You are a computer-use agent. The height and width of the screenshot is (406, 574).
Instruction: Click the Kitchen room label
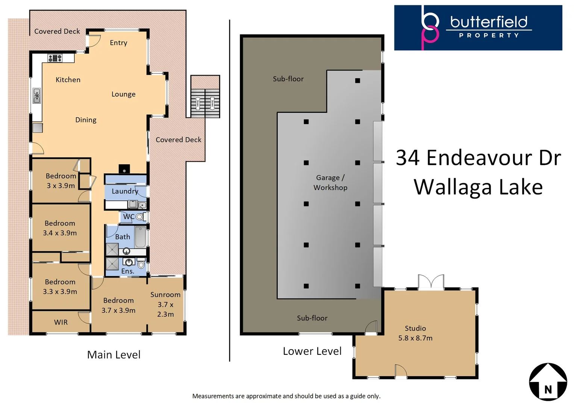point(68,80)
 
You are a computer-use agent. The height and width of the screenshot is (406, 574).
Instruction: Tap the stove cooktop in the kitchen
point(55,58)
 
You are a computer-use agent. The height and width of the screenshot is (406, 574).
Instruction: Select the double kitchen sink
point(37,96)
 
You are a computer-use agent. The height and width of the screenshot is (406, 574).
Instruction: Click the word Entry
point(118,43)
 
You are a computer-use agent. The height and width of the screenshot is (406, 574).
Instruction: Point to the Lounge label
point(123,94)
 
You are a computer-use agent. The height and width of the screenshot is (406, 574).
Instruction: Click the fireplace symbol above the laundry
point(124,169)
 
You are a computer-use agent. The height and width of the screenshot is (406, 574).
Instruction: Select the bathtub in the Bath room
point(140,236)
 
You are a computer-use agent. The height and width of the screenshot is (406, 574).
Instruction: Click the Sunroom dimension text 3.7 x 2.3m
point(165,309)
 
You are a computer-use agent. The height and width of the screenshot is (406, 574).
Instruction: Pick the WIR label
point(61,322)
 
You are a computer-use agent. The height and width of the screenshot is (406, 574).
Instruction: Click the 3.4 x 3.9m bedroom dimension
point(60,233)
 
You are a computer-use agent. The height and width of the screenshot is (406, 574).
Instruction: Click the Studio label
point(415,328)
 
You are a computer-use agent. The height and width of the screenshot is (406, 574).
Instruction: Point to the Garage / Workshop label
point(330,183)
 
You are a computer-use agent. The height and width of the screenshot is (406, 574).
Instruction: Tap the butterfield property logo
point(478,27)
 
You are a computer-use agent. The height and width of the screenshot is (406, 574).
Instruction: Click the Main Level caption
point(114,355)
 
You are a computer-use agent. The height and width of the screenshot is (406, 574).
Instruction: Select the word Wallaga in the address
point(447,187)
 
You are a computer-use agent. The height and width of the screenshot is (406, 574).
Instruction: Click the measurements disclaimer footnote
point(286,396)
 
